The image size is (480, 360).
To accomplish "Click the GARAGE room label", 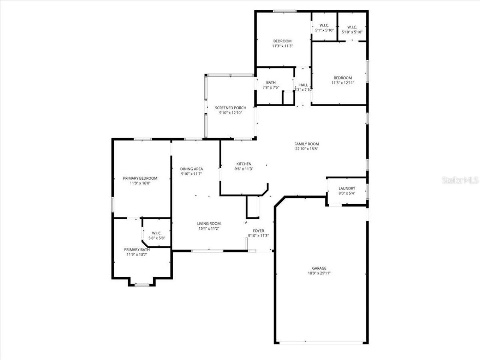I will point(319,268).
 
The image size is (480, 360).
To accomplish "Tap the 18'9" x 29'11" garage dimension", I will point(319,273).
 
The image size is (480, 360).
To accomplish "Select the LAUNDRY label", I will point(347,188).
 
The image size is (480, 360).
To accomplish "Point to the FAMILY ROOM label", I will point(306,144).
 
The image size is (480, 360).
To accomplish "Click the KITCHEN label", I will point(244,164).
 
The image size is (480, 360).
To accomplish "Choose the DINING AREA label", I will point(192,169).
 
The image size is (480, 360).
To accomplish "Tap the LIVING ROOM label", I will point(209,223).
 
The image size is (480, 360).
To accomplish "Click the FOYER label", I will point(258,231).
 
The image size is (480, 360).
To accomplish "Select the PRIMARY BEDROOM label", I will point(140,178).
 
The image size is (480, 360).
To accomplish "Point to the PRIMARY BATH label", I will point(137,249).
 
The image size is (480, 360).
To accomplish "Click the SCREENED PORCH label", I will point(231,108).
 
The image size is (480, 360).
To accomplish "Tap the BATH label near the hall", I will point(271,82).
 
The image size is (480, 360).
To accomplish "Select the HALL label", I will point(303,85).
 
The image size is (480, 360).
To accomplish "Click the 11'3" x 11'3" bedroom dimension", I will point(282,46).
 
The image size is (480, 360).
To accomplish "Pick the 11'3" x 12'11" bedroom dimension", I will point(343,83).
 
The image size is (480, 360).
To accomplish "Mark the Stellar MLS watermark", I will point(460,180).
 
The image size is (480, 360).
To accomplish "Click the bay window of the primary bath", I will point(142,285).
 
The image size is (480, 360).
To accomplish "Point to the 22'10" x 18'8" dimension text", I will point(306,149).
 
